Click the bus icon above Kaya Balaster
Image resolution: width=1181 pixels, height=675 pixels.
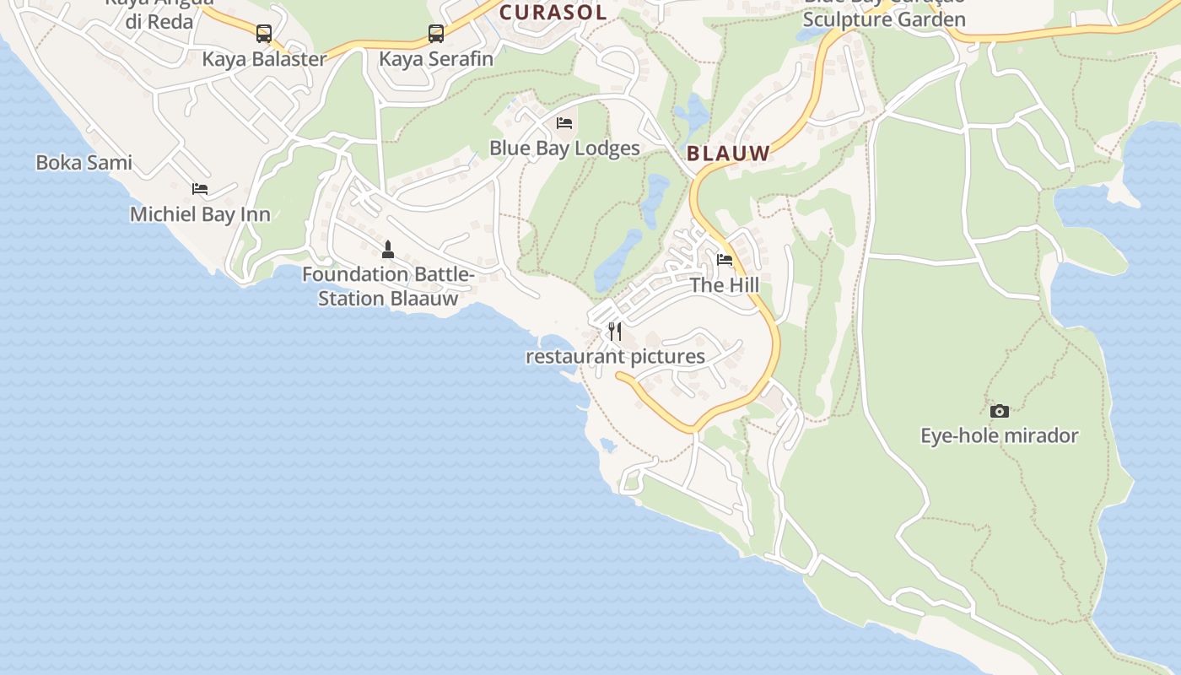coord(264,34)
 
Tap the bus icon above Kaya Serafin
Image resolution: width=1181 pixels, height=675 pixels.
coord(435,34)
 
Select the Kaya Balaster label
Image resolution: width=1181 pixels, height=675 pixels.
coord(264,59)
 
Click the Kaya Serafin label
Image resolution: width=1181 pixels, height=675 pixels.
coord(435,59)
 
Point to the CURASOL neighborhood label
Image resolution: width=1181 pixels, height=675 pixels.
coord(553,13)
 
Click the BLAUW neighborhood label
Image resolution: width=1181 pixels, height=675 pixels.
coord(729,154)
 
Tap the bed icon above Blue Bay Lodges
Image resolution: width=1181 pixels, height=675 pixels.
coord(564,123)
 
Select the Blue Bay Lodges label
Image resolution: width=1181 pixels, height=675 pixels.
coord(564,148)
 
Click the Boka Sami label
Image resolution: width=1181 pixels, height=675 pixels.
coord(84,163)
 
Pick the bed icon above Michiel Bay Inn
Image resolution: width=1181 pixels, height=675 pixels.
coord(200,189)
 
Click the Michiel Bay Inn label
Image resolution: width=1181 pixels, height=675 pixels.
coord(200,214)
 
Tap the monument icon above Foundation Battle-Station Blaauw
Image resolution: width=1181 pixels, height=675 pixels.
coord(388,249)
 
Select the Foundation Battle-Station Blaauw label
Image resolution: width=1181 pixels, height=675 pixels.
coord(388,286)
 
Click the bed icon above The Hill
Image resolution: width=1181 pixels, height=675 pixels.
coord(725,260)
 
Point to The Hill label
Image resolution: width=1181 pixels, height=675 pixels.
coord(725,285)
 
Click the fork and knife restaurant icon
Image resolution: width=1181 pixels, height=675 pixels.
coord(615,331)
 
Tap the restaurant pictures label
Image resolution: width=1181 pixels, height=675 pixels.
coord(615,356)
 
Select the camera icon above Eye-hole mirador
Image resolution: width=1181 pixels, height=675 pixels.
coord(1000,411)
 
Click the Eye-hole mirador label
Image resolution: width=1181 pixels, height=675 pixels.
coord(1000,436)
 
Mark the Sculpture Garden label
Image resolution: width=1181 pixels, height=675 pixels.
coord(884,19)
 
